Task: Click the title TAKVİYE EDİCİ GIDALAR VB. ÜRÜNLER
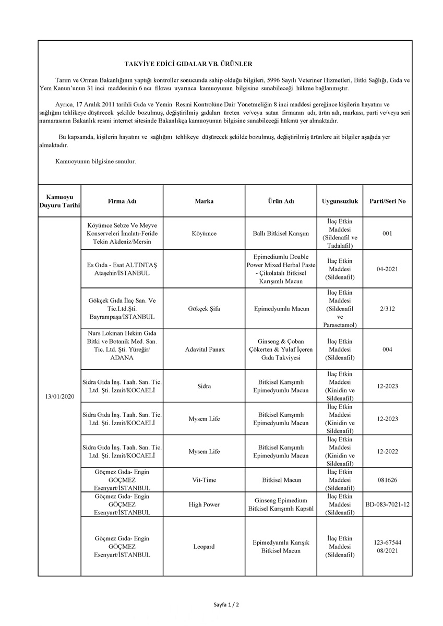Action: (188, 64)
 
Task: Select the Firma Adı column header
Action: (122, 201)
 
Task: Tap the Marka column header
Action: (204, 201)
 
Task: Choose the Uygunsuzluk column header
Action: (340, 201)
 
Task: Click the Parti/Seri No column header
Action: (387, 201)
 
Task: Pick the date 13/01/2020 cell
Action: (59, 396)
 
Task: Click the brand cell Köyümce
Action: (204, 234)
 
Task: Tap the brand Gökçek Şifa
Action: (204, 309)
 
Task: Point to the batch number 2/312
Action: (387, 309)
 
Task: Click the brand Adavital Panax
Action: (204, 349)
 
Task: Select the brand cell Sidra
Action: (204, 386)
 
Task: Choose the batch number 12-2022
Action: (387, 451)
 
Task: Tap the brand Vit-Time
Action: (204, 480)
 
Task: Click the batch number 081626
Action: (387, 480)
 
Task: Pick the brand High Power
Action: (204, 504)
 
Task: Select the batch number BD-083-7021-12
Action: (387, 504)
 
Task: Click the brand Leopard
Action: (204, 547)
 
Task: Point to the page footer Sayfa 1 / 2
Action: (226, 605)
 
